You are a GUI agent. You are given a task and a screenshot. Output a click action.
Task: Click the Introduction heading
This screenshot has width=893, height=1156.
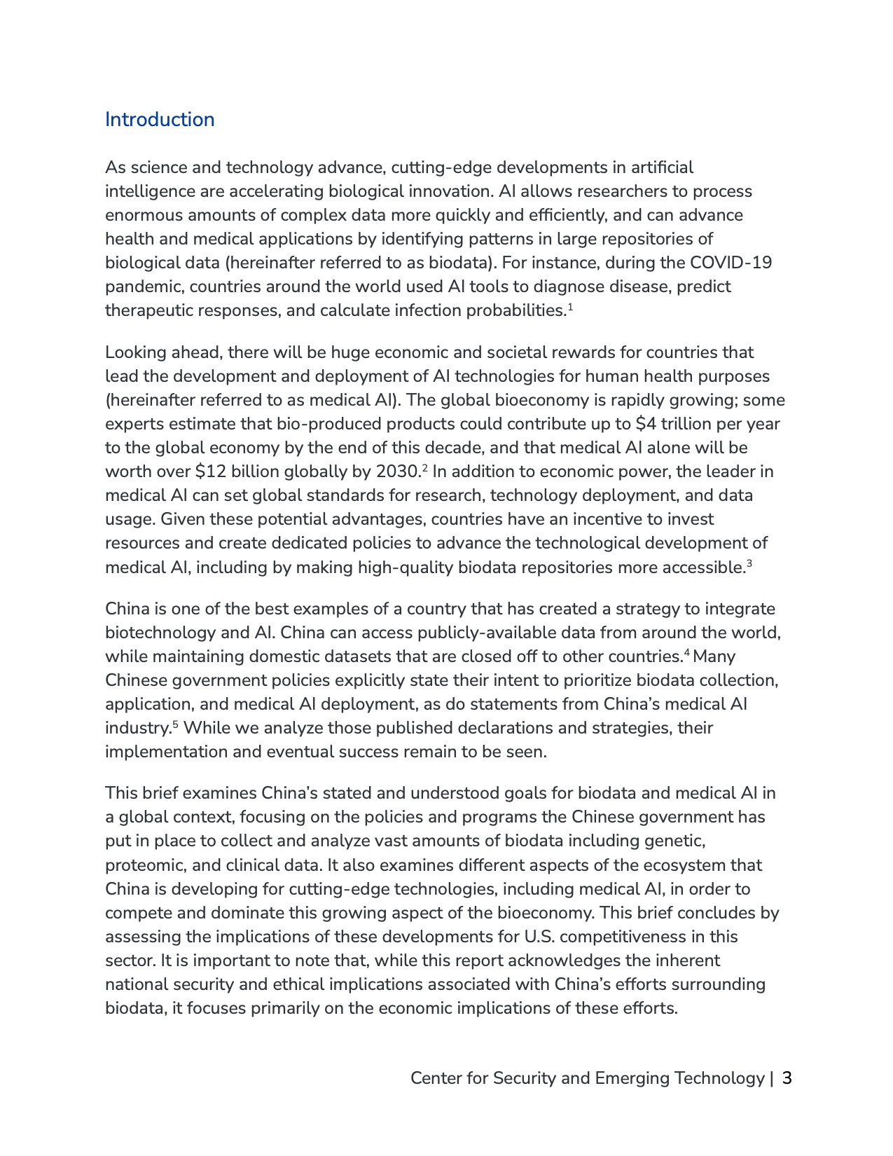click(160, 120)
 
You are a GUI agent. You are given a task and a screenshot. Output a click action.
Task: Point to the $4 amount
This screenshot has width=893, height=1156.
click(644, 424)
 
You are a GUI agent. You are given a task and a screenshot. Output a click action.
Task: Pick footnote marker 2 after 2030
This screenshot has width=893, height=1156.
click(424, 467)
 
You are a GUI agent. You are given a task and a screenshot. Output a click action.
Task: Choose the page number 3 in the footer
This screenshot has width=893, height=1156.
click(787, 1078)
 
